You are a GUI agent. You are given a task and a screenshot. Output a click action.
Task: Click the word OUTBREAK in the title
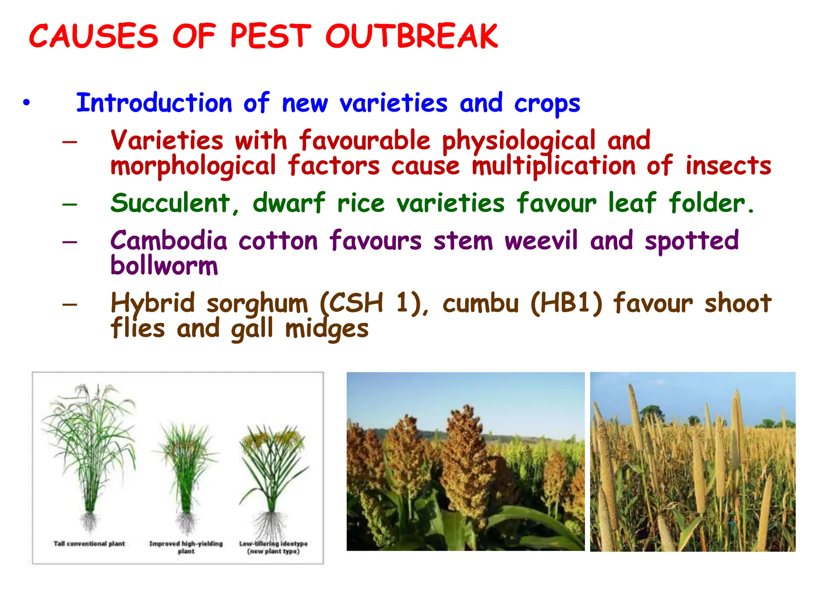tap(411, 36)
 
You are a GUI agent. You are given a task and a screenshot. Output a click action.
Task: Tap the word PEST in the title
tap(271, 36)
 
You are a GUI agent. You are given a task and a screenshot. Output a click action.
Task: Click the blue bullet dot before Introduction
tap(26, 103)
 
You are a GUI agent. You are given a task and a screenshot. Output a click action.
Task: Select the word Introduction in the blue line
tap(154, 103)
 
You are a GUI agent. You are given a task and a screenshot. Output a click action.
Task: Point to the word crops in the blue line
tap(547, 104)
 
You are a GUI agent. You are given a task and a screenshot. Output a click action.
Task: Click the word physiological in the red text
tap(518, 141)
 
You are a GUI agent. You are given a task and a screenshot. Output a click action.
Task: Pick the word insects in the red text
tap(728, 166)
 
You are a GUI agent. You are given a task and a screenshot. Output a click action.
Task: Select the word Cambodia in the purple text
tap(169, 241)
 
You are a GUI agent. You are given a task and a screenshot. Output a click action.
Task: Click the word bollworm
tap(164, 266)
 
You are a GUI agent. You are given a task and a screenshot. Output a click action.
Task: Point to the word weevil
tap(541, 241)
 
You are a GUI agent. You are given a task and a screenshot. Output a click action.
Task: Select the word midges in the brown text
tap(327, 329)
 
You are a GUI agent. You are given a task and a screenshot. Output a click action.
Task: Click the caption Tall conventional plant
tap(89, 543)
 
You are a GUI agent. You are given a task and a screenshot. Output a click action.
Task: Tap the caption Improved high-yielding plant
tap(186, 547)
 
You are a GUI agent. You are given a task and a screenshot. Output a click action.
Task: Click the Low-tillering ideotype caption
tap(273, 547)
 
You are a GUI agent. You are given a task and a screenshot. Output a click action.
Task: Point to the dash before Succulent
tap(70, 204)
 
